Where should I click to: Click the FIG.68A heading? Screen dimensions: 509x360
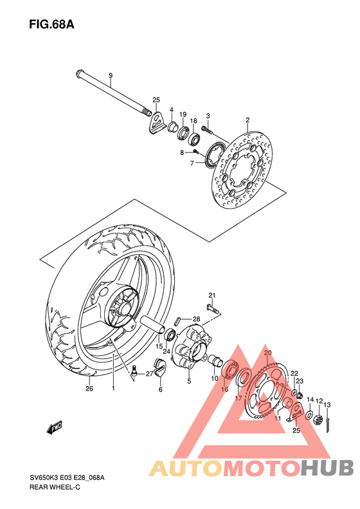pyautogui.click(x=51, y=25)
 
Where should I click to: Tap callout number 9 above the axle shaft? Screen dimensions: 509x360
pyautogui.click(x=110, y=76)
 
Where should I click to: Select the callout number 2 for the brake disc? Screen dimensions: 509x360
pyautogui.click(x=247, y=120)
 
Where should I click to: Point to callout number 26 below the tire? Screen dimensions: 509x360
pyautogui.click(x=89, y=389)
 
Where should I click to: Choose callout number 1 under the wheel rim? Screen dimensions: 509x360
pyautogui.click(x=113, y=389)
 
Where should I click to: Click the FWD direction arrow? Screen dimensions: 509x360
pyautogui.click(x=53, y=427)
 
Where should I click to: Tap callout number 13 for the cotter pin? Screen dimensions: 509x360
pyautogui.click(x=327, y=404)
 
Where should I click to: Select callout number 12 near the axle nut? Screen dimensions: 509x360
pyautogui.click(x=319, y=401)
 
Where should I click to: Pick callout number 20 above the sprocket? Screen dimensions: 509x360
pyautogui.click(x=268, y=353)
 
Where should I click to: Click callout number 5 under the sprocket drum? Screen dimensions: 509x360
pyautogui.click(x=189, y=381)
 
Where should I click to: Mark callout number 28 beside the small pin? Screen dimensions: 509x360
pyautogui.click(x=197, y=319)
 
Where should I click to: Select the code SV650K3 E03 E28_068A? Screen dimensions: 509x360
pyautogui.click(x=66, y=477)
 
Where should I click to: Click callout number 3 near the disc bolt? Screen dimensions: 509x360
pyautogui.click(x=208, y=116)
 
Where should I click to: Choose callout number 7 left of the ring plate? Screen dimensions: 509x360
pyautogui.click(x=192, y=164)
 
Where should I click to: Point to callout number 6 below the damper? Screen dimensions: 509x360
pyautogui.click(x=161, y=389)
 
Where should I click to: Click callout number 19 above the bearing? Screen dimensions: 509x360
pyautogui.click(x=183, y=113)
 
